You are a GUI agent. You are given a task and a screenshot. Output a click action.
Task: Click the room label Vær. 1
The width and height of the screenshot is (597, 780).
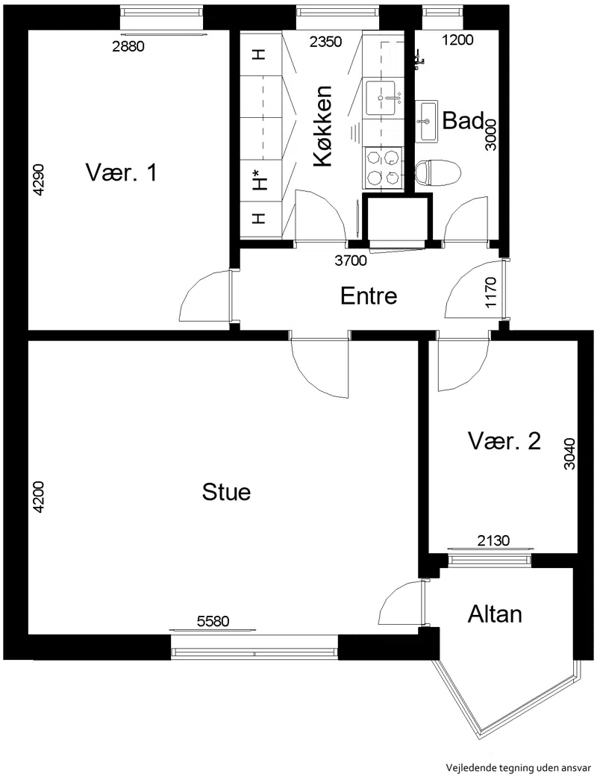click(121, 173)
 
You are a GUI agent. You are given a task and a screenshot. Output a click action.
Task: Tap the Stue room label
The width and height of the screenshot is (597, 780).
click(226, 492)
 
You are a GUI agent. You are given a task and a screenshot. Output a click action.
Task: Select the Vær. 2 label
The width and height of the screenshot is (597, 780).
click(504, 440)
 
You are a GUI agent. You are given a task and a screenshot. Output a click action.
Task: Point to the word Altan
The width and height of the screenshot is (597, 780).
click(495, 614)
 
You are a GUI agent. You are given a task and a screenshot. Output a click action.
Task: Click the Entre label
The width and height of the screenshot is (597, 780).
click(369, 296)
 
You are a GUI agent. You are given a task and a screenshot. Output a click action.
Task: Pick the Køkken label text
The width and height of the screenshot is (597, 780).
click(322, 126)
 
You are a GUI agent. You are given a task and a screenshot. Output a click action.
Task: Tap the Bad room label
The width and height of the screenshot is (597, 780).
click(463, 120)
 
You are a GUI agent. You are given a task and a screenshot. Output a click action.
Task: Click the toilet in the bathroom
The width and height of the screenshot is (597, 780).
click(438, 172)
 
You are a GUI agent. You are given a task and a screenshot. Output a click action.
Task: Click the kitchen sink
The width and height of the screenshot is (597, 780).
click(383, 98)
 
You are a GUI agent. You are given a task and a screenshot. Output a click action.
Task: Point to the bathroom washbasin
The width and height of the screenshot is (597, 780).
click(426, 121)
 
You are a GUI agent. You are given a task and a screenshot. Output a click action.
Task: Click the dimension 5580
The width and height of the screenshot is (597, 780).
click(213, 621)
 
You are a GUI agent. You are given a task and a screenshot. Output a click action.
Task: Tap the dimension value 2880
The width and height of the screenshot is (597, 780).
click(128, 46)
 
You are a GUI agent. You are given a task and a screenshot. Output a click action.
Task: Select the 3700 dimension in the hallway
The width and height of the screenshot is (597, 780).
click(351, 260)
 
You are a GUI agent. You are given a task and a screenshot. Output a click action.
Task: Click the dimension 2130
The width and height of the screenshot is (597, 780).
click(493, 540)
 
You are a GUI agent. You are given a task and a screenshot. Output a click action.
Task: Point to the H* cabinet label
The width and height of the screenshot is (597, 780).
click(258, 180)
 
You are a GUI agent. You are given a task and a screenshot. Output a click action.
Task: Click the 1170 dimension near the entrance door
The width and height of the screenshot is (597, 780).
click(490, 293)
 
